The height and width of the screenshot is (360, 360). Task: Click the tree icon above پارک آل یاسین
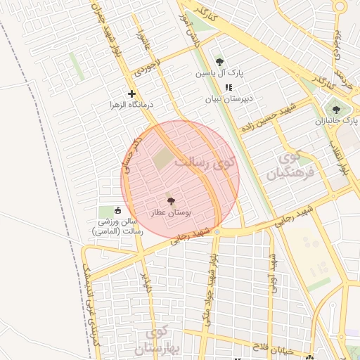point(219,62)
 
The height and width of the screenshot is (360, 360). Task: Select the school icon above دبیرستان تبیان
point(228,87)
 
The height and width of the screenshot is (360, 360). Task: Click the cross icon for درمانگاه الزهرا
point(131,94)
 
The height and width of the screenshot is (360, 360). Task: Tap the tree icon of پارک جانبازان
point(336,109)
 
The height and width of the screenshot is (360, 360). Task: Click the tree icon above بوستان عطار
point(169,200)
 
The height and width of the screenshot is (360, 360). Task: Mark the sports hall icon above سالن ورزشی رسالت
point(117,210)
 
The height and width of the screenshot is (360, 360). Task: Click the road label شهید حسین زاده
point(275,117)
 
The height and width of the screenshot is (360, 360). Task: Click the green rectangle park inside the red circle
point(162,158)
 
